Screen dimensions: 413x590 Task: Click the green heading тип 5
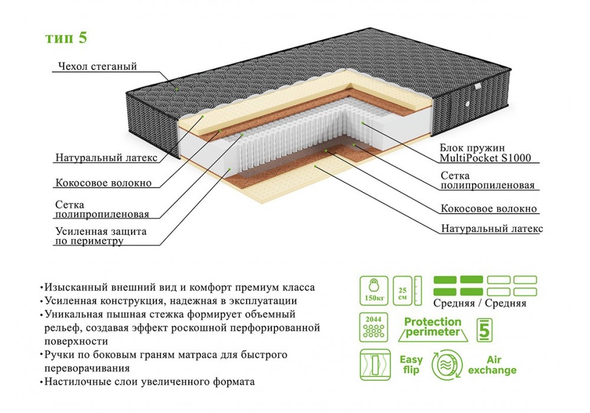66,38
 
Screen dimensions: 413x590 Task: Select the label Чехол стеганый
97,66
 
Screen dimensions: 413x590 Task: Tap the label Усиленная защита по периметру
100,236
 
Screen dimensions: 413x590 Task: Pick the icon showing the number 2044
372,328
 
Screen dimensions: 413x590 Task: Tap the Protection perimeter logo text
432,327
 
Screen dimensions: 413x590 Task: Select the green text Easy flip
411,365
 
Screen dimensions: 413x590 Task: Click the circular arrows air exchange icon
448,365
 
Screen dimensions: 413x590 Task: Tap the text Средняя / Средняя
479,304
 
